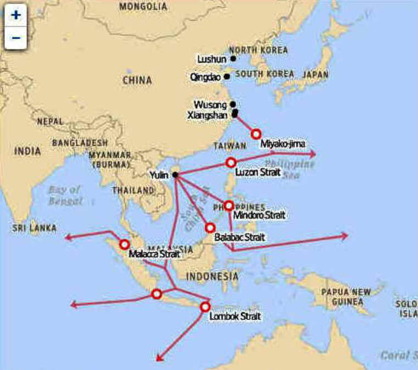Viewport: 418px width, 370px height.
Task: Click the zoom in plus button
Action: (x=16, y=15)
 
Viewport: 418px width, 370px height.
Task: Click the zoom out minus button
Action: (x=16, y=37)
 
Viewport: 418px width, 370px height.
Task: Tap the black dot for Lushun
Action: (x=233, y=58)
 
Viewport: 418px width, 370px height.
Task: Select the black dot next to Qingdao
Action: (x=227, y=77)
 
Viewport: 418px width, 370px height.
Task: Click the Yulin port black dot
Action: (x=175, y=175)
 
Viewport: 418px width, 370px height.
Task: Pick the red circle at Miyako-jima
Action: (x=255, y=134)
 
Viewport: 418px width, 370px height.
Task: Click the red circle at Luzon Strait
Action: (x=231, y=162)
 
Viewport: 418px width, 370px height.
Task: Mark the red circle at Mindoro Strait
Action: (x=229, y=205)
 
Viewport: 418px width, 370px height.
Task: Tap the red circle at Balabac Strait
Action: (x=209, y=227)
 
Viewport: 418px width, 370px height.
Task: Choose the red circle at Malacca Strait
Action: (x=125, y=244)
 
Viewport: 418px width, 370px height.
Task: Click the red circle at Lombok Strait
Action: (x=205, y=307)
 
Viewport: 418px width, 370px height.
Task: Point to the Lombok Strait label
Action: (x=235, y=317)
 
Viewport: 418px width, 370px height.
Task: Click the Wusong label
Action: (x=210, y=104)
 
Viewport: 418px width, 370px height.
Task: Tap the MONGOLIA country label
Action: (x=143, y=7)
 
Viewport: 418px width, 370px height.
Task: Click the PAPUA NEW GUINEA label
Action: (x=346, y=297)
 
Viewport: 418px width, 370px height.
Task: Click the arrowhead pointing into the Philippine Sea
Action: (x=313, y=155)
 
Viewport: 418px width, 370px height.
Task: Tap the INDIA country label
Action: (x=27, y=151)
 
